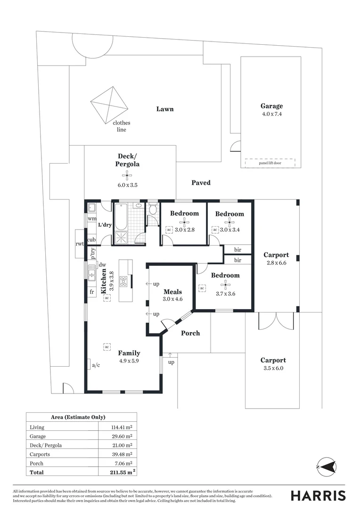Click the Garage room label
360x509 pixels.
pos(271,106)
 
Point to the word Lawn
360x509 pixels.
pos(165,109)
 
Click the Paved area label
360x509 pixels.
pos(201,182)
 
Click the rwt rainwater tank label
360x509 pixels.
pos(80,244)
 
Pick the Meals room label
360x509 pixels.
pos(172,292)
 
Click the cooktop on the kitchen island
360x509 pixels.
pos(124,282)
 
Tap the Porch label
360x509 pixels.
pos(190,333)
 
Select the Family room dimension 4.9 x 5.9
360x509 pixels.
pos(129,361)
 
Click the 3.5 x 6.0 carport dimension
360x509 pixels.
pos(273,368)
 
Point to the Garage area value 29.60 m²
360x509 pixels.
pos(122,436)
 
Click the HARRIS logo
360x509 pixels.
pos(318,495)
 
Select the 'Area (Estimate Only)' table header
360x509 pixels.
pos(78,417)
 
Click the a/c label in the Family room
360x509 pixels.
pos(96,365)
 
